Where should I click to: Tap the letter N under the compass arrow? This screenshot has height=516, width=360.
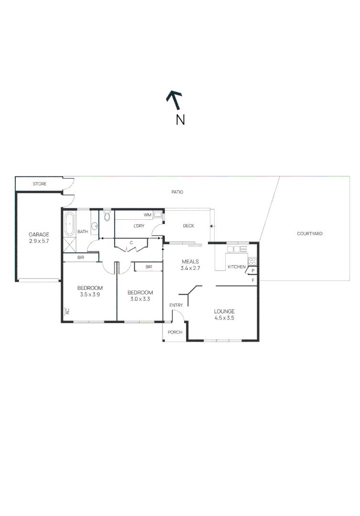pos(180,119)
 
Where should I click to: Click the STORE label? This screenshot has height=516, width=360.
pos(39,184)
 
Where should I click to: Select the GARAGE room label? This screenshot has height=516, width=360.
pos(39,235)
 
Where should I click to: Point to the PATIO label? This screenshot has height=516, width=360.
pos(177,192)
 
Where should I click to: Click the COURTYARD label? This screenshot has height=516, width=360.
pos(309,234)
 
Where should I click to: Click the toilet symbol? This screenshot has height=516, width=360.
pos(106,217)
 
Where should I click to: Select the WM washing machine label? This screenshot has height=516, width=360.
pos(148,215)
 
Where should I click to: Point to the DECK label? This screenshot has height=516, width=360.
pos(188,226)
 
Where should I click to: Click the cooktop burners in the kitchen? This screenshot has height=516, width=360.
pos(252,261)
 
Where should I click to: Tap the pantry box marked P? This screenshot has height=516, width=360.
pos(252,271)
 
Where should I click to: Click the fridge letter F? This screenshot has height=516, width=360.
pos(252,280)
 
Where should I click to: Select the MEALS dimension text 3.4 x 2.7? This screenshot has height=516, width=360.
pos(190,269)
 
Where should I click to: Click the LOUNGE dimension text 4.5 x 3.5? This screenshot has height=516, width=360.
pos(224,318)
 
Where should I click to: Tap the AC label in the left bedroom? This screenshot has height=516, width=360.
pos(67,312)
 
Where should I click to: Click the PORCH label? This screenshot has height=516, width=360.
pos(175,332)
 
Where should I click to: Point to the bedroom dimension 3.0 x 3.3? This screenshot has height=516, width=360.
pos(140,299)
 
